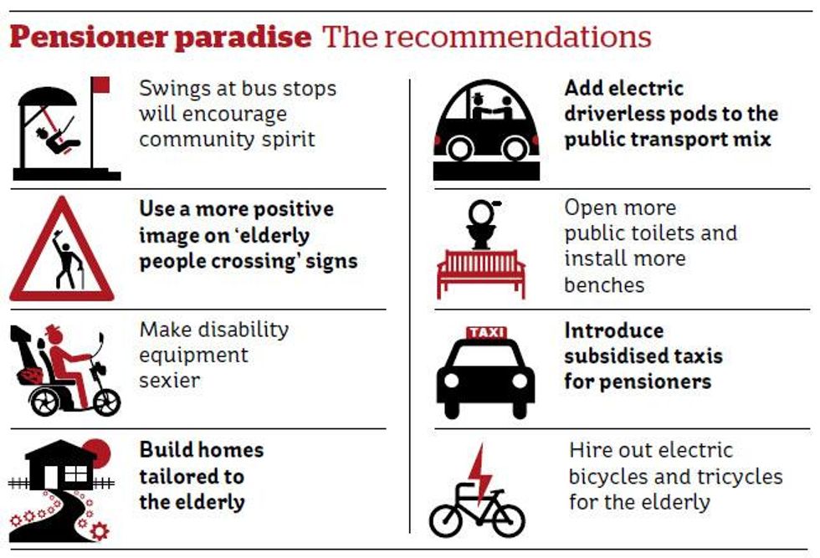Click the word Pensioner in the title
click(89, 38)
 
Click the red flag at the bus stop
click(100, 84)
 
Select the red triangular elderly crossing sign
click(62, 249)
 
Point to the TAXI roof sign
click(486, 333)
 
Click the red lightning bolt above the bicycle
click(479, 474)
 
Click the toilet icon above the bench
click(482, 224)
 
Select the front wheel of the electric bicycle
click(509, 521)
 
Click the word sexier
click(169, 381)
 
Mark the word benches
click(604, 285)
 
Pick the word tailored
click(192, 476)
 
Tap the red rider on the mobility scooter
click(67, 362)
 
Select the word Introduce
click(614, 330)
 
